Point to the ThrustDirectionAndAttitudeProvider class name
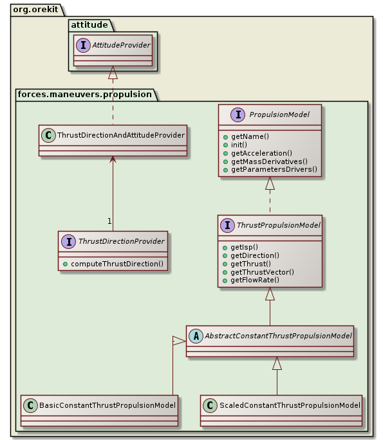120,135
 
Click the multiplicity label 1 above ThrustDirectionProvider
109,221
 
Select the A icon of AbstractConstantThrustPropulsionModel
196,335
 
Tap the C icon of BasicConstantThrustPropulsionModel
31,405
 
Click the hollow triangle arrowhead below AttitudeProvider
113,72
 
